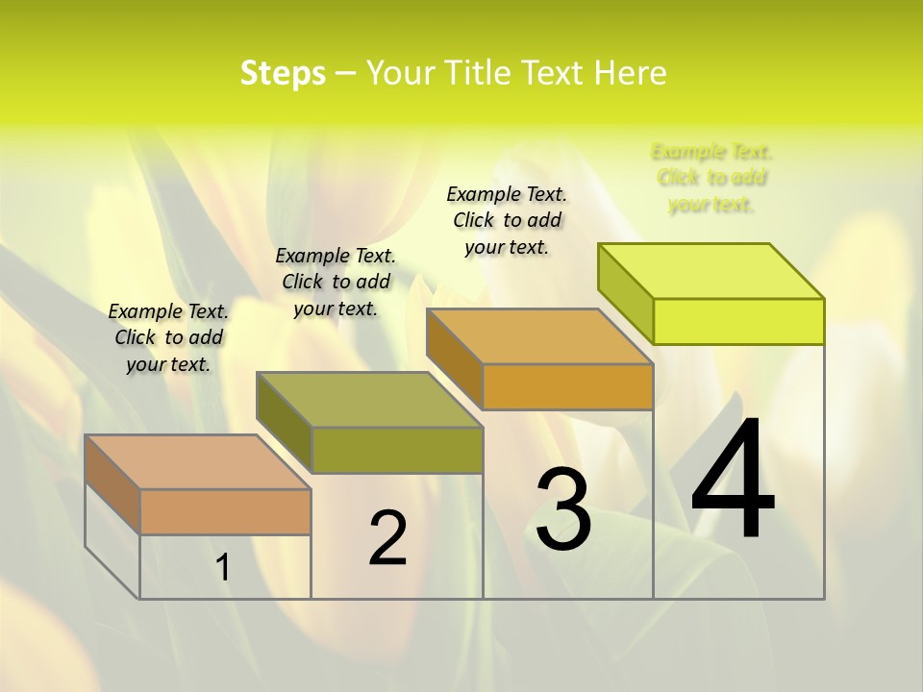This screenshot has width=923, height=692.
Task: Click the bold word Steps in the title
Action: (283, 73)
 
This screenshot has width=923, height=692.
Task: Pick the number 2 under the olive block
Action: (387, 537)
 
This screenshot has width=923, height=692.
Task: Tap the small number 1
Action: (223, 567)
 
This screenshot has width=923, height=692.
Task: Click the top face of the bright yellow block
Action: (711, 271)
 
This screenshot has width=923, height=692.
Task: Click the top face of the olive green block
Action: (369, 400)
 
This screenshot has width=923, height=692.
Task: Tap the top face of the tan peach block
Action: (198, 462)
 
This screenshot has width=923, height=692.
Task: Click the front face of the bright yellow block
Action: (738, 321)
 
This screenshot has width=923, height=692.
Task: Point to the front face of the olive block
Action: (397, 450)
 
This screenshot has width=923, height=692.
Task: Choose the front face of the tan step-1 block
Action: (225, 511)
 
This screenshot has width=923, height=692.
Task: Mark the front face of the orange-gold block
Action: (567, 386)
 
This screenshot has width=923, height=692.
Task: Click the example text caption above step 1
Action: (168, 337)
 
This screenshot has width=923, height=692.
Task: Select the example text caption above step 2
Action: (336, 282)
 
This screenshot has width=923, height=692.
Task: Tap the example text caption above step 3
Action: (507, 220)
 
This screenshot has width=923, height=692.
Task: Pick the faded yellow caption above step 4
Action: (711, 178)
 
